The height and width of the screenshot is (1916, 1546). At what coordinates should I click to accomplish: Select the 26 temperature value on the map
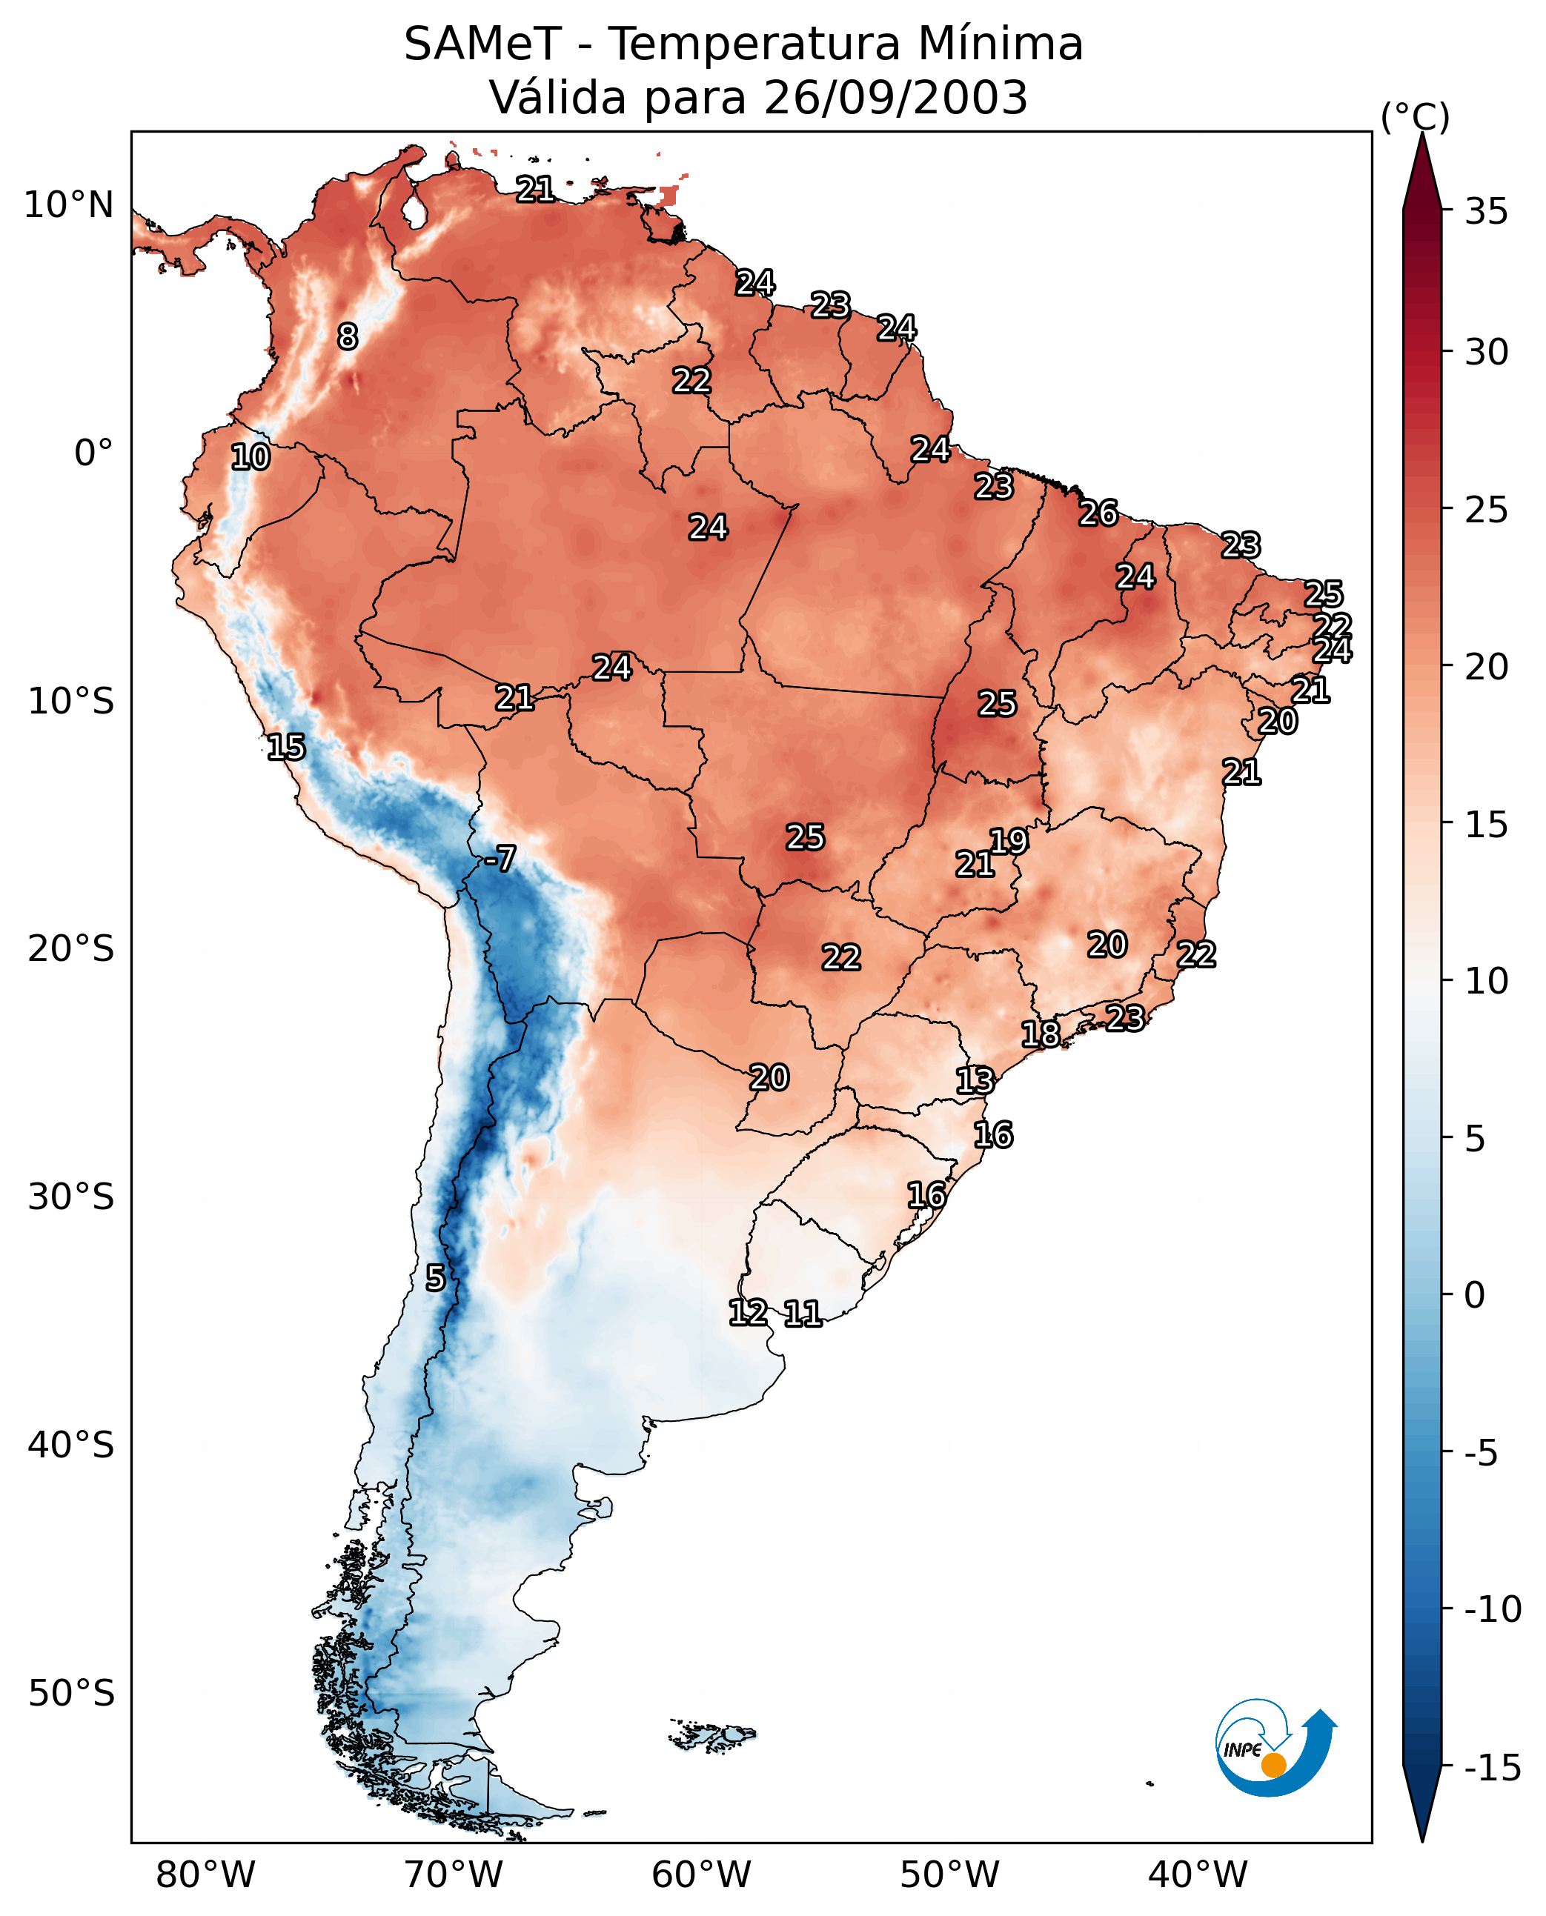(x=1098, y=513)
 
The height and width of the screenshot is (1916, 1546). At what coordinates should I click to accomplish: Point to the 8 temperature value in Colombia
(x=348, y=336)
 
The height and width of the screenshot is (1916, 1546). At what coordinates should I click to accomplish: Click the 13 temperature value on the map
(x=975, y=1080)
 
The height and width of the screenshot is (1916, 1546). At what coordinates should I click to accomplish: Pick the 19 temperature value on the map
(x=1009, y=840)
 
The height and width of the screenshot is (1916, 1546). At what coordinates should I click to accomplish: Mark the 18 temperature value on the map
(x=1040, y=1034)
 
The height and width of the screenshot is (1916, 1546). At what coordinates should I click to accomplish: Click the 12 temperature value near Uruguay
(x=748, y=1311)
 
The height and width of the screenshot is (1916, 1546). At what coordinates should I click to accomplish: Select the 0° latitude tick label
(x=93, y=453)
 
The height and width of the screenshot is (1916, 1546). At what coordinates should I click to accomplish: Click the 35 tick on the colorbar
(x=1486, y=212)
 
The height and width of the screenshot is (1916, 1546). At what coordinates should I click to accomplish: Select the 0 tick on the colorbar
(x=1475, y=1294)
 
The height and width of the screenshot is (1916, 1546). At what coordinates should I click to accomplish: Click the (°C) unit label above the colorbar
(x=1415, y=116)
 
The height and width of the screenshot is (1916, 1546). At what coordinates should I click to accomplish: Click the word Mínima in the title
(x=1000, y=44)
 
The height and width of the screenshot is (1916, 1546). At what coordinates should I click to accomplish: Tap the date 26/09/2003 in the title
(x=896, y=98)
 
